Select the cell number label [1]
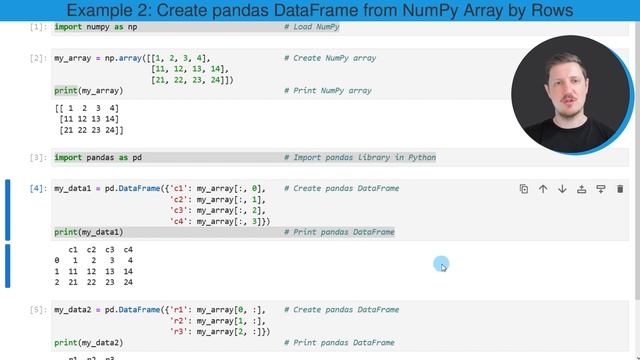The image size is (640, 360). (x=38, y=27)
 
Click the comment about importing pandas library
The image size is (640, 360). (x=360, y=158)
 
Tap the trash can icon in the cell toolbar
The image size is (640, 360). (x=620, y=189)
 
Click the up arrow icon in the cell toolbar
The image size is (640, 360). (x=543, y=189)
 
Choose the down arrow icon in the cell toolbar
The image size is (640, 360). (x=562, y=189)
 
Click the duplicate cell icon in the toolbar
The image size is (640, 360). (x=524, y=189)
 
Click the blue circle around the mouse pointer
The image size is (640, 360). (x=441, y=264)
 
